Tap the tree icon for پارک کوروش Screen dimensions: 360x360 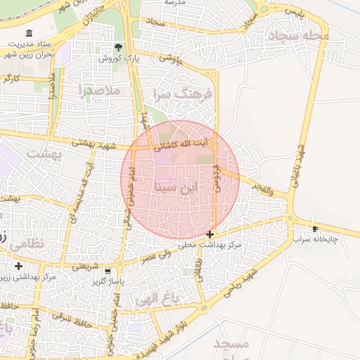tap(119, 47)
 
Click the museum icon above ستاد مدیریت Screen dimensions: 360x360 tap(28, 34)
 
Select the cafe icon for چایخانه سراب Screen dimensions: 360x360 tap(315, 229)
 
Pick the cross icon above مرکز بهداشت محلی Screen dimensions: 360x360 tap(210, 234)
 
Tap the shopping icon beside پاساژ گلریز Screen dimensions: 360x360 tap(107, 271)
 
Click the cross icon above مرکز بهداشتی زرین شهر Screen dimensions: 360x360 tap(18, 266)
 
